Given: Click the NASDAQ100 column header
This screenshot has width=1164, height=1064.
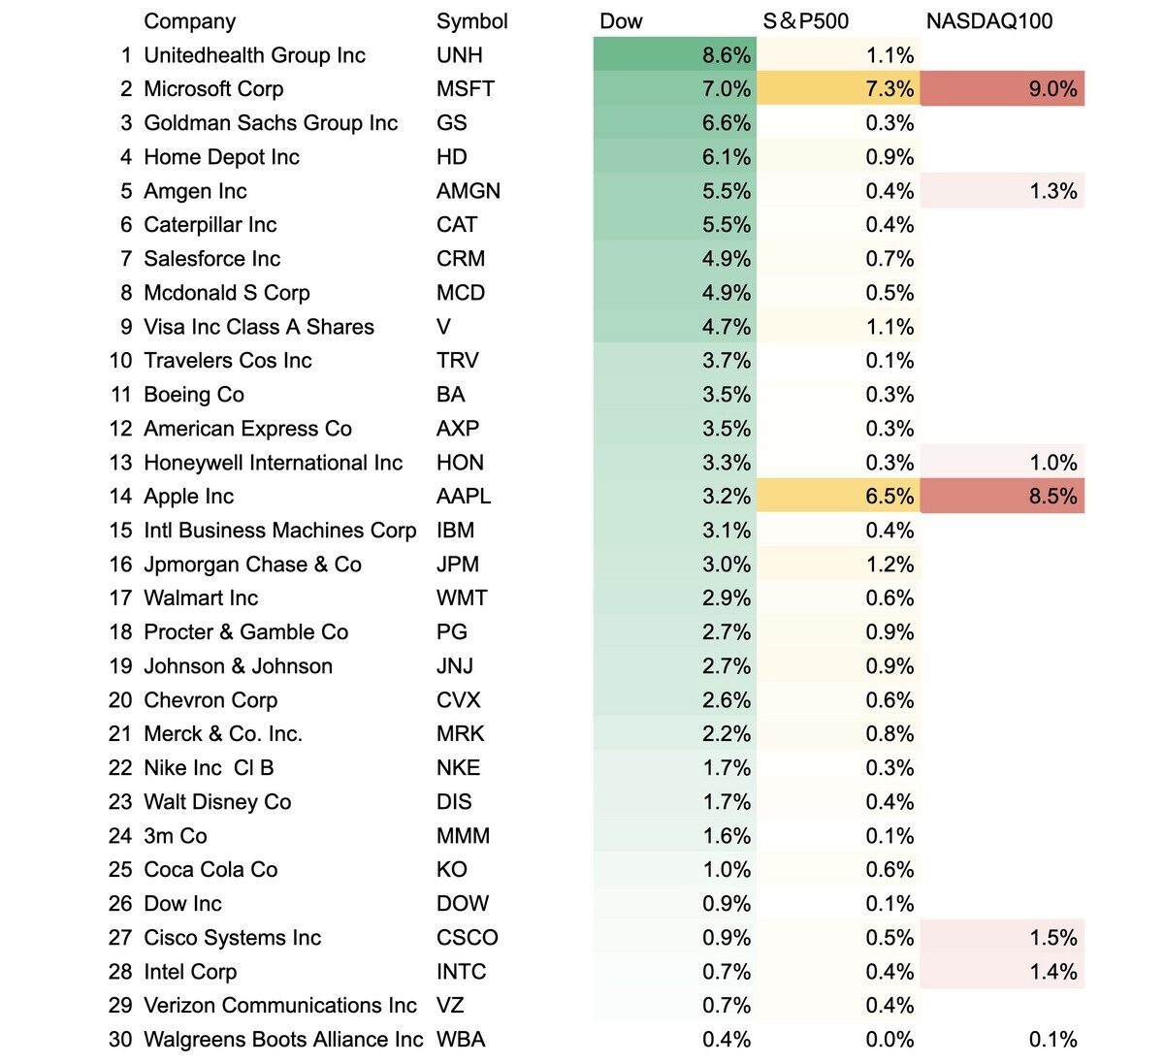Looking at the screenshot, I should [988, 21].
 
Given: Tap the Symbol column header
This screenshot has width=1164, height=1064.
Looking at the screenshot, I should [471, 21].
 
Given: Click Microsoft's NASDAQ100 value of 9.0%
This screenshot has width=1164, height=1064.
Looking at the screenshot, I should [1052, 89].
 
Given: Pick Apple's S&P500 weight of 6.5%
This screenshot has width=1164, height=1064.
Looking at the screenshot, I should [889, 497].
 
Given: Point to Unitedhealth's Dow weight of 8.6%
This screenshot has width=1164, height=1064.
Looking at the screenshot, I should [727, 55].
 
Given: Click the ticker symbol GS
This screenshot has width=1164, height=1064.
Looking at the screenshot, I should [452, 123].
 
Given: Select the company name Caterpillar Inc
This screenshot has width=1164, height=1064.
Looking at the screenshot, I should [210, 225].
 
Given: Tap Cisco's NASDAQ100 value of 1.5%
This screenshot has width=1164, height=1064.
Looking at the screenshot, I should [1052, 938].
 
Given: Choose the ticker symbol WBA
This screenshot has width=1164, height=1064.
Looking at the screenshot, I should [461, 1040].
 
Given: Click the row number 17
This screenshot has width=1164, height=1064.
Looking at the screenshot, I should [120, 598].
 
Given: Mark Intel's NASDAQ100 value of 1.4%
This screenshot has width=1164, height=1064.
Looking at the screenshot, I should [1052, 972].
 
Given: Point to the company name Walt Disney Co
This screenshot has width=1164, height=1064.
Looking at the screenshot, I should [217, 802].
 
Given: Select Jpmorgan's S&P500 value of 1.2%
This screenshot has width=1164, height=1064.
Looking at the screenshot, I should [889, 564].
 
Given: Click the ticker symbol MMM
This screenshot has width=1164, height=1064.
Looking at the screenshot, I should [463, 836].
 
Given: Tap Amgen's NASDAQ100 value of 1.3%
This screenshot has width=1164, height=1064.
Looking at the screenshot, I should [1052, 191].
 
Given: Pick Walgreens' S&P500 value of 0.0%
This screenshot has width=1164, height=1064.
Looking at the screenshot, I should [889, 1040].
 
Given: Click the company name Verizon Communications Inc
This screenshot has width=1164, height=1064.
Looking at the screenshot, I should [279, 1006].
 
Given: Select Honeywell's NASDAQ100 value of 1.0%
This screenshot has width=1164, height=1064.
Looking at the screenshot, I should [1052, 463].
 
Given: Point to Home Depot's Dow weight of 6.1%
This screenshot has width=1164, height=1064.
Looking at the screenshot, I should [727, 157].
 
